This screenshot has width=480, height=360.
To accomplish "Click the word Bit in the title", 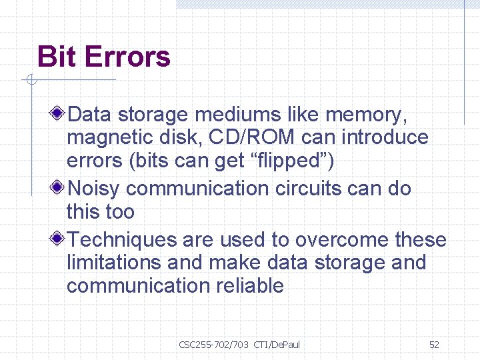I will click(55, 57).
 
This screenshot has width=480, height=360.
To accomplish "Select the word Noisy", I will click(94, 189).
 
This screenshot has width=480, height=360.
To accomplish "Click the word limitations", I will click(115, 263).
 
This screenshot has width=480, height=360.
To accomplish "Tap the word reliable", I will click(251, 286).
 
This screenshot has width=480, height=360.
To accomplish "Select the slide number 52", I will click(434, 344).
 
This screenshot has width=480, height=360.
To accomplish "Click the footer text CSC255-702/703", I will click(213, 344).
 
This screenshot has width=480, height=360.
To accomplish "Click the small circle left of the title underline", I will click(30, 81).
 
